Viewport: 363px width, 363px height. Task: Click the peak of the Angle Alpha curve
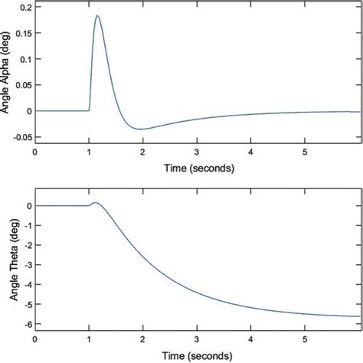point(97,16)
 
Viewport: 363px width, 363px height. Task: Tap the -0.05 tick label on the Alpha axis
point(19,139)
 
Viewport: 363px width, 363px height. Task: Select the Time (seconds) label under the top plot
point(197,166)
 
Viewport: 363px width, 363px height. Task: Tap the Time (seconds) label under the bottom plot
point(197,355)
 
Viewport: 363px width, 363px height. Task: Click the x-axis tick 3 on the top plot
point(197,151)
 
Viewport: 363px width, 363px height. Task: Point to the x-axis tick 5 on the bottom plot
point(305,338)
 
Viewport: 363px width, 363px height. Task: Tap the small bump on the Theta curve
point(95,203)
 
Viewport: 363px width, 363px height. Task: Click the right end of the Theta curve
point(358,316)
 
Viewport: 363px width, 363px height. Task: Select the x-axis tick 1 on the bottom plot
point(89,338)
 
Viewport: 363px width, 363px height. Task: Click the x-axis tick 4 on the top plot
point(251,151)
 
